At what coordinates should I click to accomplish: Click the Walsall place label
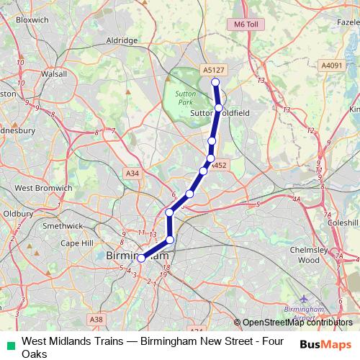55,73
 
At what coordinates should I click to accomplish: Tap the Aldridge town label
122,41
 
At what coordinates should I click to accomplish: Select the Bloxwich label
32,20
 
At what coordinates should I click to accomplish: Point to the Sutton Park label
185,98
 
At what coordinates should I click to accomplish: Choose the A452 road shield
220,165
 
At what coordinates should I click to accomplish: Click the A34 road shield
132,174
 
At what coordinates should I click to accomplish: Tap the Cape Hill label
76,243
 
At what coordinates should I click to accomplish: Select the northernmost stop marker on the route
215,81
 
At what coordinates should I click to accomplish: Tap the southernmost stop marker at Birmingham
141,258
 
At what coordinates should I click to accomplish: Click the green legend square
10,342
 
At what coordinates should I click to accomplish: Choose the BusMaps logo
330,344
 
